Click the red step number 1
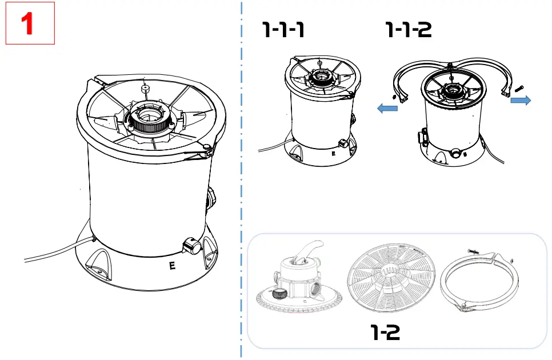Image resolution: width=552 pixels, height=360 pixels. (x=30, y=23)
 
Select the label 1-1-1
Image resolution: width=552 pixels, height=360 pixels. (x=283, y=29)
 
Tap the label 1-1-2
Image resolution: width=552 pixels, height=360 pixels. (x=409, y=29)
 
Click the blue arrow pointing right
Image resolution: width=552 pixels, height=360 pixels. (x=520, y=101)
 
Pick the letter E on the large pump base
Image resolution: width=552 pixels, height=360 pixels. (x=173, y=265)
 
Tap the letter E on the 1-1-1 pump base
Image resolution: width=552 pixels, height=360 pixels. (x=333, y=153)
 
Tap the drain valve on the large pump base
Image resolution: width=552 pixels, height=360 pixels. (x=191, y=247)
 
